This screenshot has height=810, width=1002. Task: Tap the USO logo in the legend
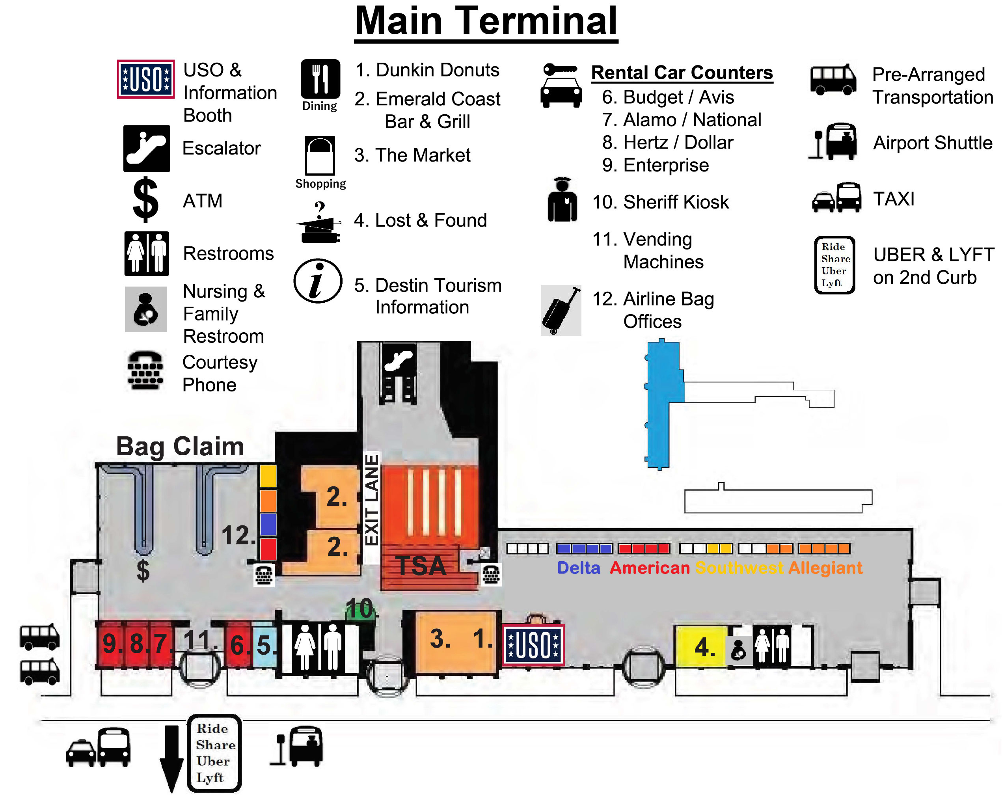[x=145, y=79]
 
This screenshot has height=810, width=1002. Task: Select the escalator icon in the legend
[x=147, y=148]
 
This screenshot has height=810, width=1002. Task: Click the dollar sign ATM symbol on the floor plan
[x=143, y=570]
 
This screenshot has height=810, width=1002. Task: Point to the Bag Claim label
[x=180, y=446]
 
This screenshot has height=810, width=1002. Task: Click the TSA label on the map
[x=421, y=566]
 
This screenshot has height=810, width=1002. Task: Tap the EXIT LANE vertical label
[x=371, y=499]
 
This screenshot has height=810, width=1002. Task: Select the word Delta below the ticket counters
[x=578, y=568]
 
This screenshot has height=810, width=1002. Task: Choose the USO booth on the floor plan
[x=533, y=645]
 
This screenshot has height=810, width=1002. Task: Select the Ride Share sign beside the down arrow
[x=214, y=753]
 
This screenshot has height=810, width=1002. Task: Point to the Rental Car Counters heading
[x=682, y=73]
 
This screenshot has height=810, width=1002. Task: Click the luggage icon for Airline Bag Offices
[x=561, y=310]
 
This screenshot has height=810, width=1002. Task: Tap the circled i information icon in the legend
[x=318, y=281]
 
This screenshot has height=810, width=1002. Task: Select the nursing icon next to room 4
[x=738, y=649]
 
